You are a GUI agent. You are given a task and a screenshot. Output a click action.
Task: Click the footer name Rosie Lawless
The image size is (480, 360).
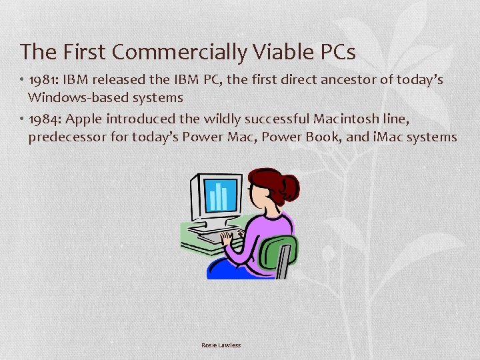coord(221,345)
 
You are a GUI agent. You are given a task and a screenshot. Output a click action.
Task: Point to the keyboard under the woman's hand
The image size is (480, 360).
coord(217,235)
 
